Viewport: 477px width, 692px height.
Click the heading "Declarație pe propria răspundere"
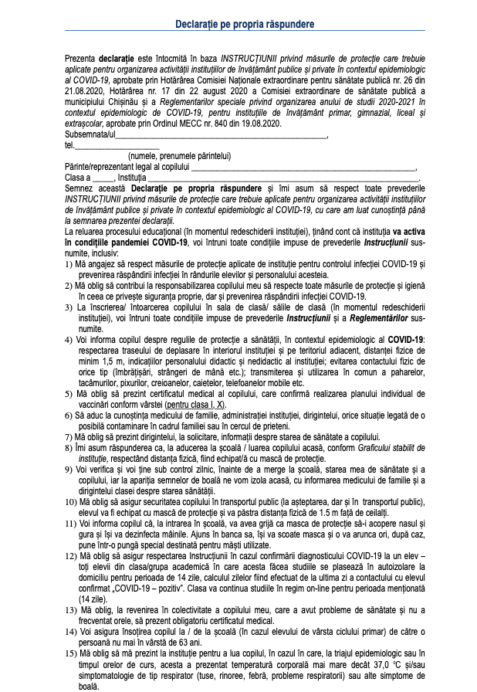pyautogui.click(x=239, y=25)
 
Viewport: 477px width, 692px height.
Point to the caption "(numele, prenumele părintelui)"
pyautogui.click(x=180, y=156)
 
